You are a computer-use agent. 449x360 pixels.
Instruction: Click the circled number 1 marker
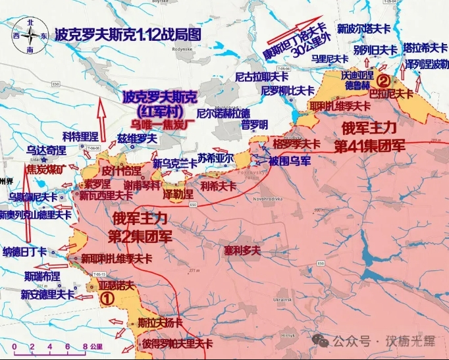[107, 297]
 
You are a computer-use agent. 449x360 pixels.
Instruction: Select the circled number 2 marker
[383, 81]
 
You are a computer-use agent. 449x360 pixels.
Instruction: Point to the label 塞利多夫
[242, 251]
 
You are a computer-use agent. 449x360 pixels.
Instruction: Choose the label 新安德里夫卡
[47, 295]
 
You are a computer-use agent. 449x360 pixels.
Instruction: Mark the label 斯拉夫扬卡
[160, 323]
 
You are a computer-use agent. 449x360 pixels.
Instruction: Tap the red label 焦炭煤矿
[47, 169]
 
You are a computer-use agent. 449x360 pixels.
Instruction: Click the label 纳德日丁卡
[25, 251]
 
